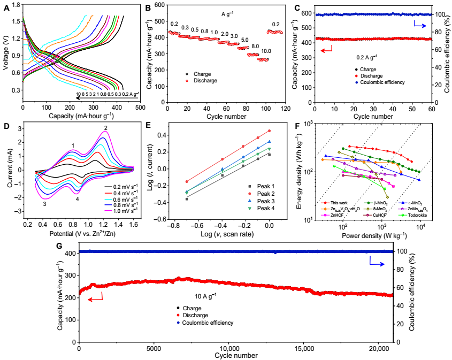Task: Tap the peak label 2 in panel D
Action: click(x=105, y=127)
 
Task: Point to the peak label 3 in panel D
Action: click(x=44, y=204)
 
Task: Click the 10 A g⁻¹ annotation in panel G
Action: click(x=206, y=295)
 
